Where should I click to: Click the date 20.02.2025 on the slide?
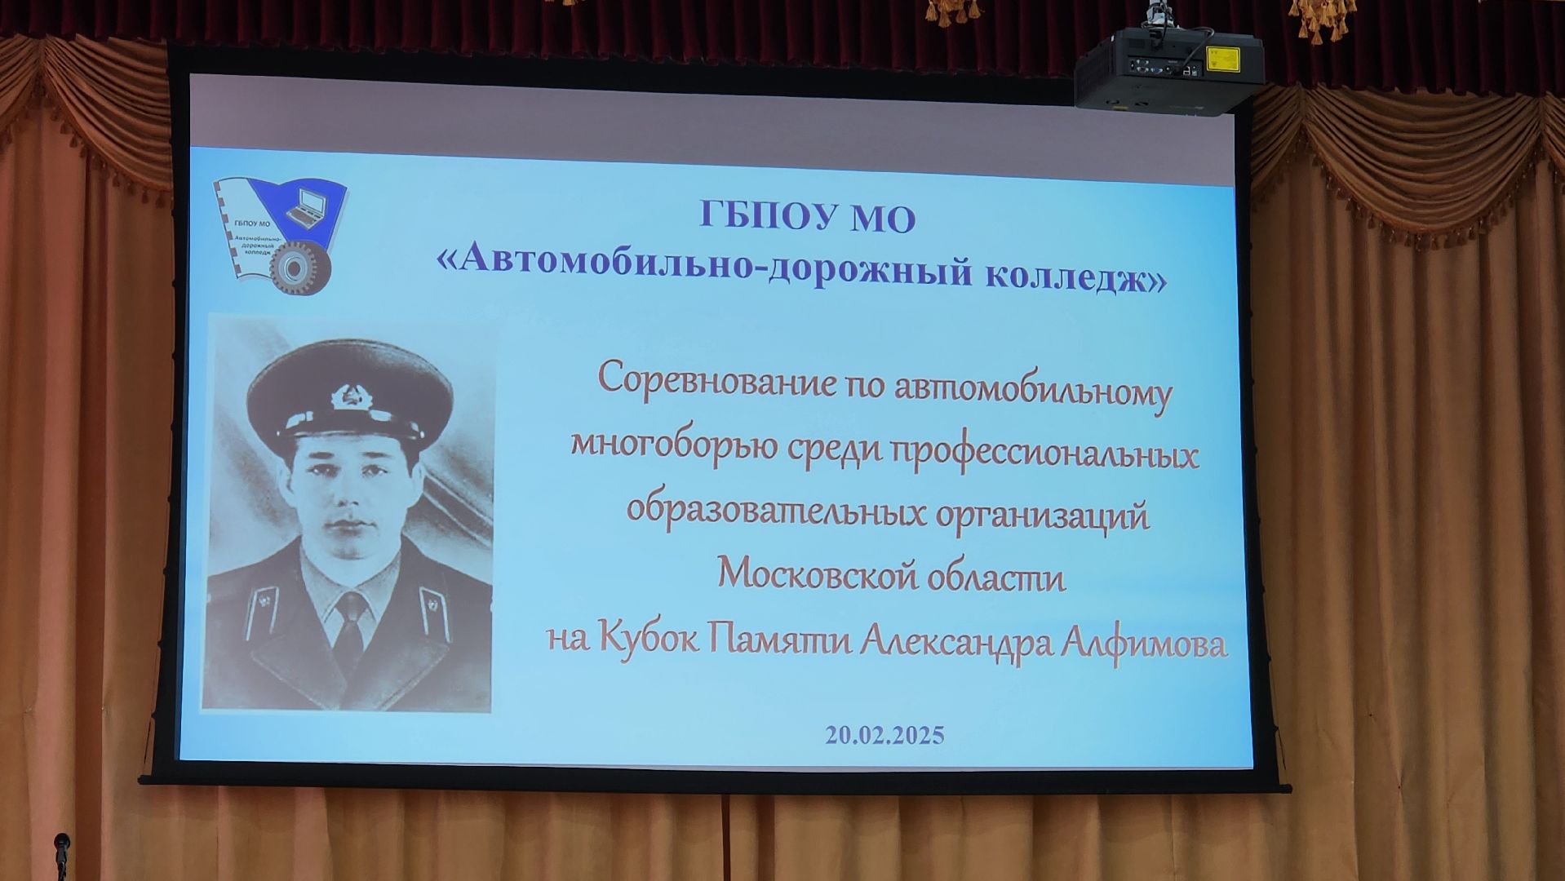click(884, 735)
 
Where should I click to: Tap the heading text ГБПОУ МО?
click(807, 218)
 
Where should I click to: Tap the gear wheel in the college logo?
click(300, 268)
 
